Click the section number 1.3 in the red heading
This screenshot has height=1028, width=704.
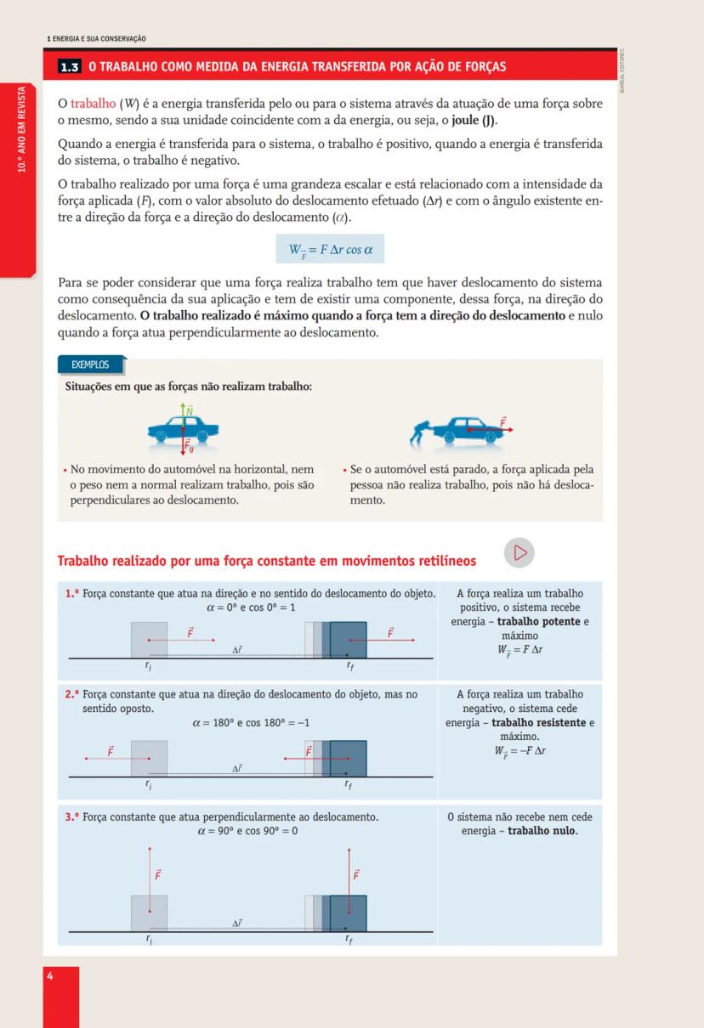coord(71,66)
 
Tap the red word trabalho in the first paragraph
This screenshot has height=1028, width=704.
coord(93,104)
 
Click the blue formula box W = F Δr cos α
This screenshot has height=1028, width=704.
coord(330,250)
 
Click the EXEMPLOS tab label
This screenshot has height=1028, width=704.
coord(90,364)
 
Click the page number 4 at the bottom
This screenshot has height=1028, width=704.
coord(50,976)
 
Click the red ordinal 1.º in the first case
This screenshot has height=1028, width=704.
coord(72,593)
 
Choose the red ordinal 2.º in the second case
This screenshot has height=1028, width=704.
coord(72,694)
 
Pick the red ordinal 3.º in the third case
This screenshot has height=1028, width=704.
coord(72,816)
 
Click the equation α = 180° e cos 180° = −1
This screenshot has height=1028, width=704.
coord(251,723)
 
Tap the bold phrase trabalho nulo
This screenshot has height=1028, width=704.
coord(542,830)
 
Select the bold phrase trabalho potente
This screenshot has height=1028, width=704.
coord(538,621)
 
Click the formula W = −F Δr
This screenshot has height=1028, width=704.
coord(519,751)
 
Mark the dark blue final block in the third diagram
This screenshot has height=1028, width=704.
coord(348,913)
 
